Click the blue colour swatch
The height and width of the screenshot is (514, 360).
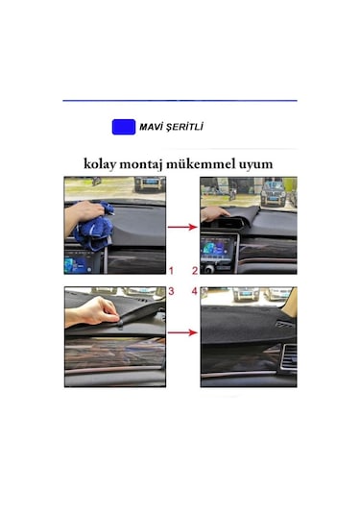(x=123, y=127)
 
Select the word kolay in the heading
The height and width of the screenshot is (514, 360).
(x=104, y=163)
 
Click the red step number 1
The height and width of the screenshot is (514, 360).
(x=171, y=269)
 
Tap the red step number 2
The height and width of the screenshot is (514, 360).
(x=194, y=269)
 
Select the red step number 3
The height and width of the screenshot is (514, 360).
(x=171, y=289)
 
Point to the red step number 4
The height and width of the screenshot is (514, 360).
(x=194, y=289)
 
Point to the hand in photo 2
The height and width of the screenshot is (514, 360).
(x=217, y=213)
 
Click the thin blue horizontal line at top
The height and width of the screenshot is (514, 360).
(x=180, y=101)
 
